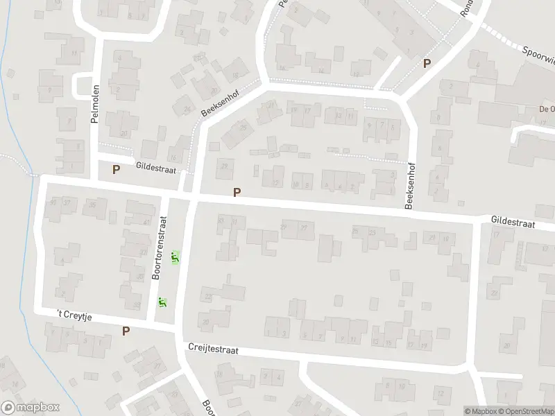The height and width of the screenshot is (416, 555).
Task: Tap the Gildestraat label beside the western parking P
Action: point(156,168)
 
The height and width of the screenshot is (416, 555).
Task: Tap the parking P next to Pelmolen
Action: point(116,169)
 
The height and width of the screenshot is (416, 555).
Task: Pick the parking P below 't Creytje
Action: point(126,331)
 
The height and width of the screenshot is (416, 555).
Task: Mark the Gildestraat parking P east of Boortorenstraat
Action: point(237,193)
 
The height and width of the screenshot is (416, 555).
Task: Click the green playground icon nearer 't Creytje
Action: point(162,303)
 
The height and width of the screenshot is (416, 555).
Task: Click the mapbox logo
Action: point(31,408)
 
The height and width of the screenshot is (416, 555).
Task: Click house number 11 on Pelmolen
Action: point(74,53)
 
